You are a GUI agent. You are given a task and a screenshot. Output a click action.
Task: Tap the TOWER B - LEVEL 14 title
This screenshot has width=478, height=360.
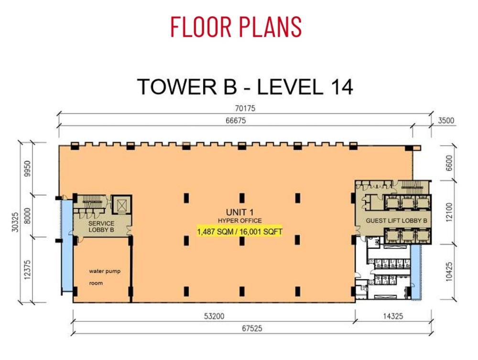pos(245,87)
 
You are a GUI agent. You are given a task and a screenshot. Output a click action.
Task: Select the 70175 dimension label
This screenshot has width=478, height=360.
pos(245,108)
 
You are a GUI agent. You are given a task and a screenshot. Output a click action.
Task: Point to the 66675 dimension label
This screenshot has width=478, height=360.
pos(236,120)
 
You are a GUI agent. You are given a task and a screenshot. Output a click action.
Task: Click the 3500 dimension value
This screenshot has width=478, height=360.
pos(446,120)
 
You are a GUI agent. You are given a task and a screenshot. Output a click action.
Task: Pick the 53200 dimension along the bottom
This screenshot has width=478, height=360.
pos(214,316)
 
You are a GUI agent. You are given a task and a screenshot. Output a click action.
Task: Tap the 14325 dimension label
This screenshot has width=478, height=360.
pos(393,316)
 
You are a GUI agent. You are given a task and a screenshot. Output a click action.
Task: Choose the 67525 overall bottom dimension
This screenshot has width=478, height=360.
pos(252,328)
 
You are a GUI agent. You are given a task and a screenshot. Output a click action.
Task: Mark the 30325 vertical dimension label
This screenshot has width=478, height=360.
pos(15,222)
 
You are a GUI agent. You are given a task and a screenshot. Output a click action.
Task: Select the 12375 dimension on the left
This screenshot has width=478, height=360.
pos(27,270)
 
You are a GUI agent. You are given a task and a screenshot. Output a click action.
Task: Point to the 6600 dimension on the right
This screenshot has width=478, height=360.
pos(449,164)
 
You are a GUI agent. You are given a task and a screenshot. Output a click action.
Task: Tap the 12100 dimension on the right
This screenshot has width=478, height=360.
pos(449,212)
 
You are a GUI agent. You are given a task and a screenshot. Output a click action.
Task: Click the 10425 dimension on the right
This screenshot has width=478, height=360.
pos(449,272)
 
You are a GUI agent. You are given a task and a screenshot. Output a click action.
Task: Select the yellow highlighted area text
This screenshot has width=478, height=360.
pos(239,232)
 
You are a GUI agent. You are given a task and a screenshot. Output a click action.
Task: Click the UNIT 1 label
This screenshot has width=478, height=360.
pos(239,212)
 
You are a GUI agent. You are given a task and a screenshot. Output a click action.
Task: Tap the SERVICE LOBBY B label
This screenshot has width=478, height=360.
pos(101,227)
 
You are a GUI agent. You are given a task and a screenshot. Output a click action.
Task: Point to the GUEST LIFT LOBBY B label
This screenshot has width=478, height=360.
pos(396,220)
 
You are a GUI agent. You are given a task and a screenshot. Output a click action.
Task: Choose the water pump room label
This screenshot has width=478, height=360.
pos(105,277)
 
